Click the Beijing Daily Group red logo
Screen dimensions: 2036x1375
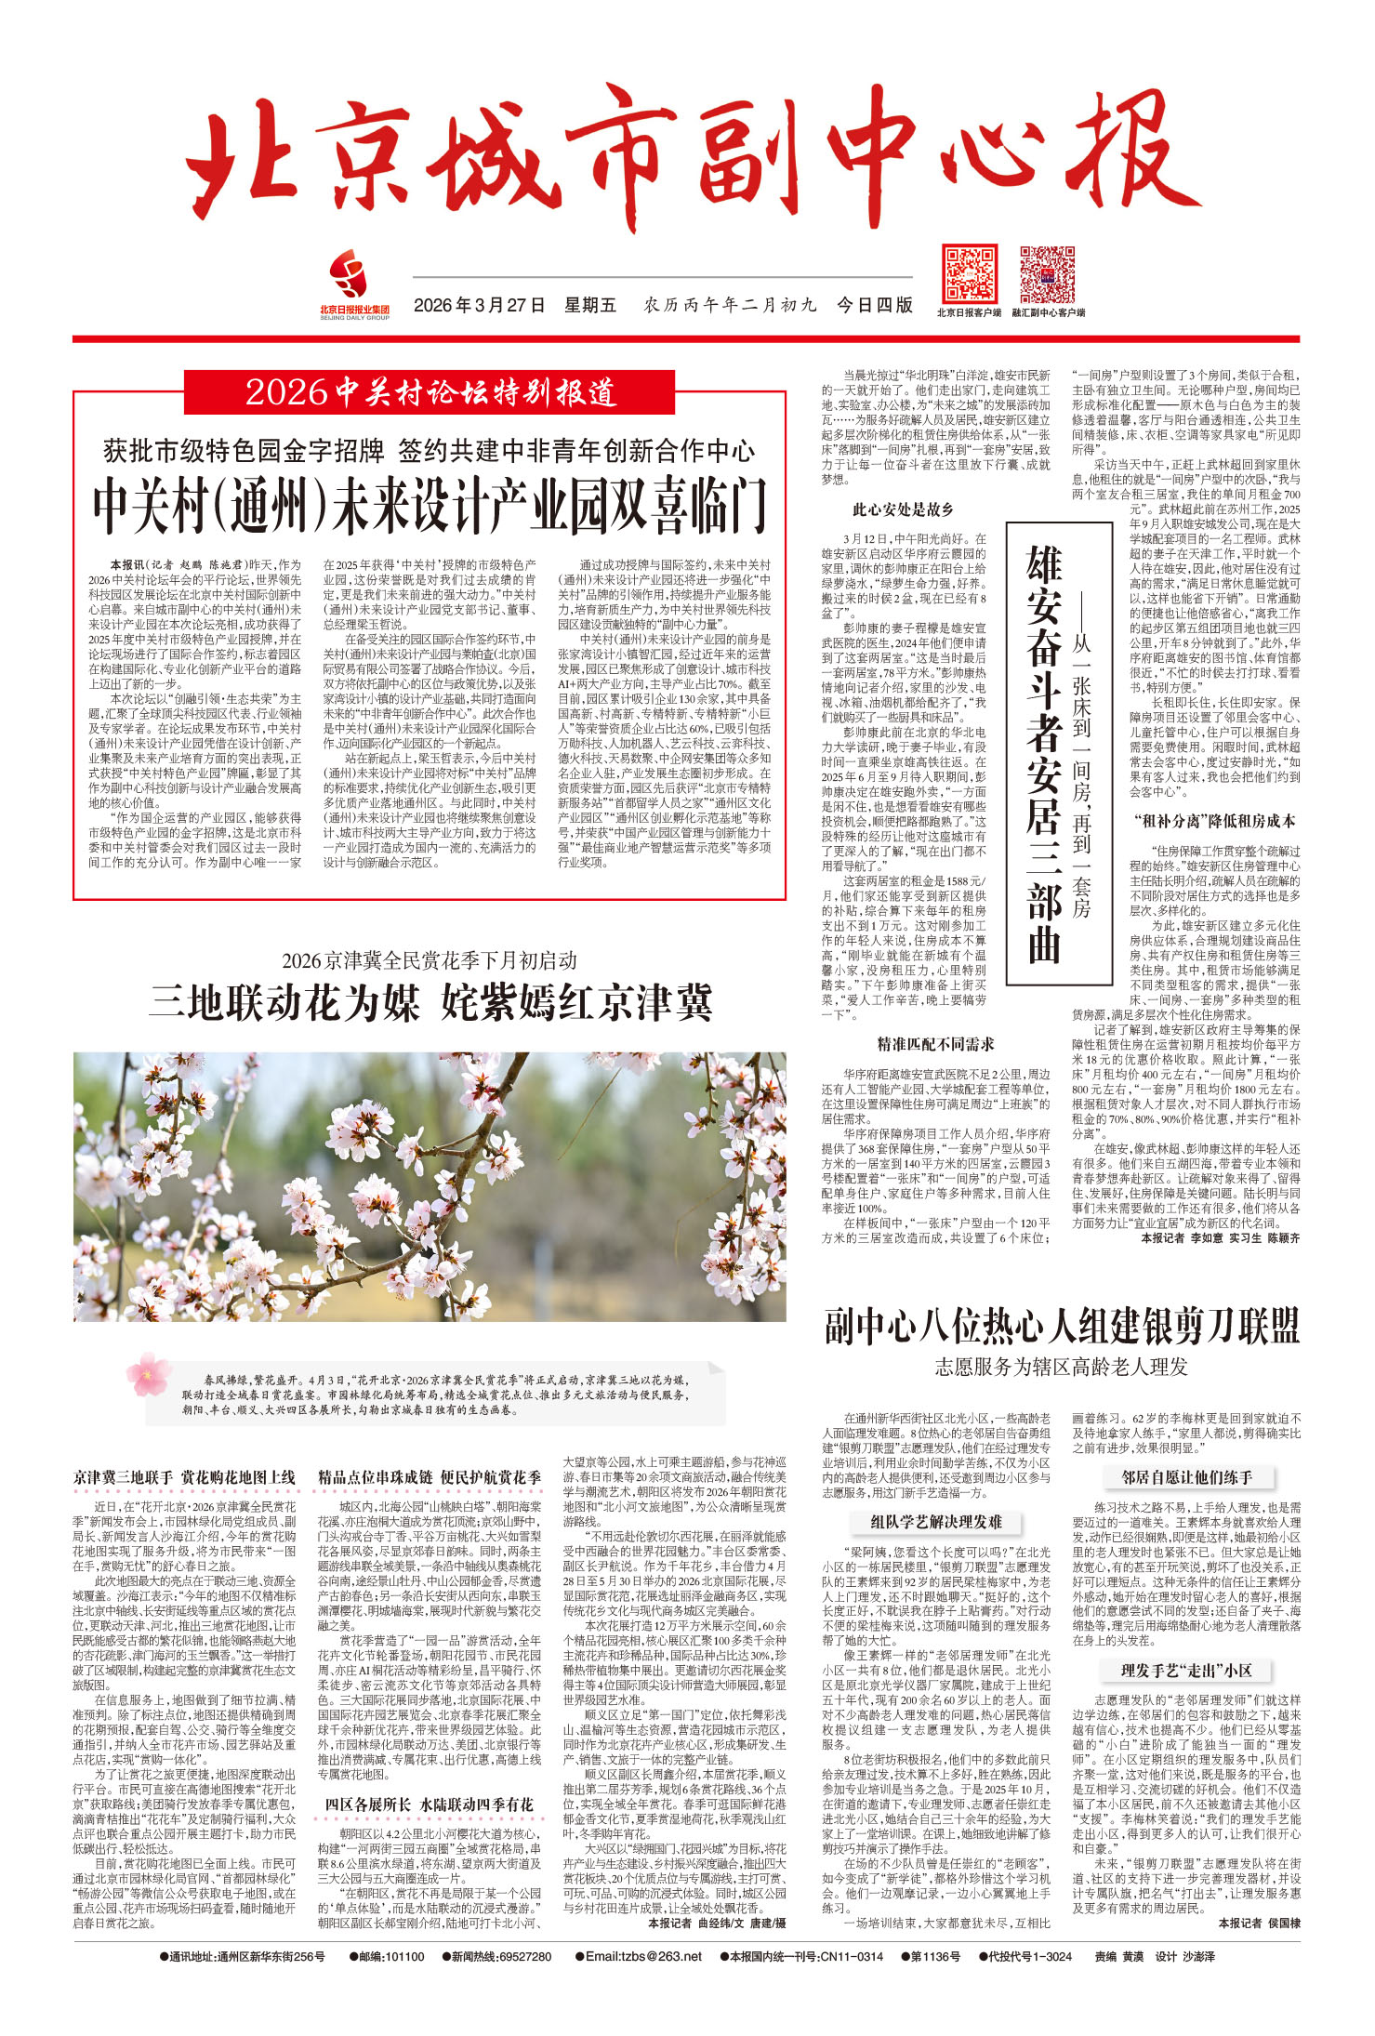(353, 278)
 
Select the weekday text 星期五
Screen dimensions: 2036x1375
(590, 305)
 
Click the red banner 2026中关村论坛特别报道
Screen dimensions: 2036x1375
(430, 392)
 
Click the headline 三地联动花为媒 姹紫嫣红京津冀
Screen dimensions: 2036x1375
(430, 1003)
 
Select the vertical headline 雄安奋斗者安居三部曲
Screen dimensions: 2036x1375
(1043, 753)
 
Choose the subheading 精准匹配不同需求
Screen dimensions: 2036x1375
(935, 1044)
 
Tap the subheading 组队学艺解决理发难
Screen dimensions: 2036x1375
(935, 1522)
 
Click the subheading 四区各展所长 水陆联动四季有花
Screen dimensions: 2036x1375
(429, 1805)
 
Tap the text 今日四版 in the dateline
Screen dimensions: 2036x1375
(874, 305)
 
